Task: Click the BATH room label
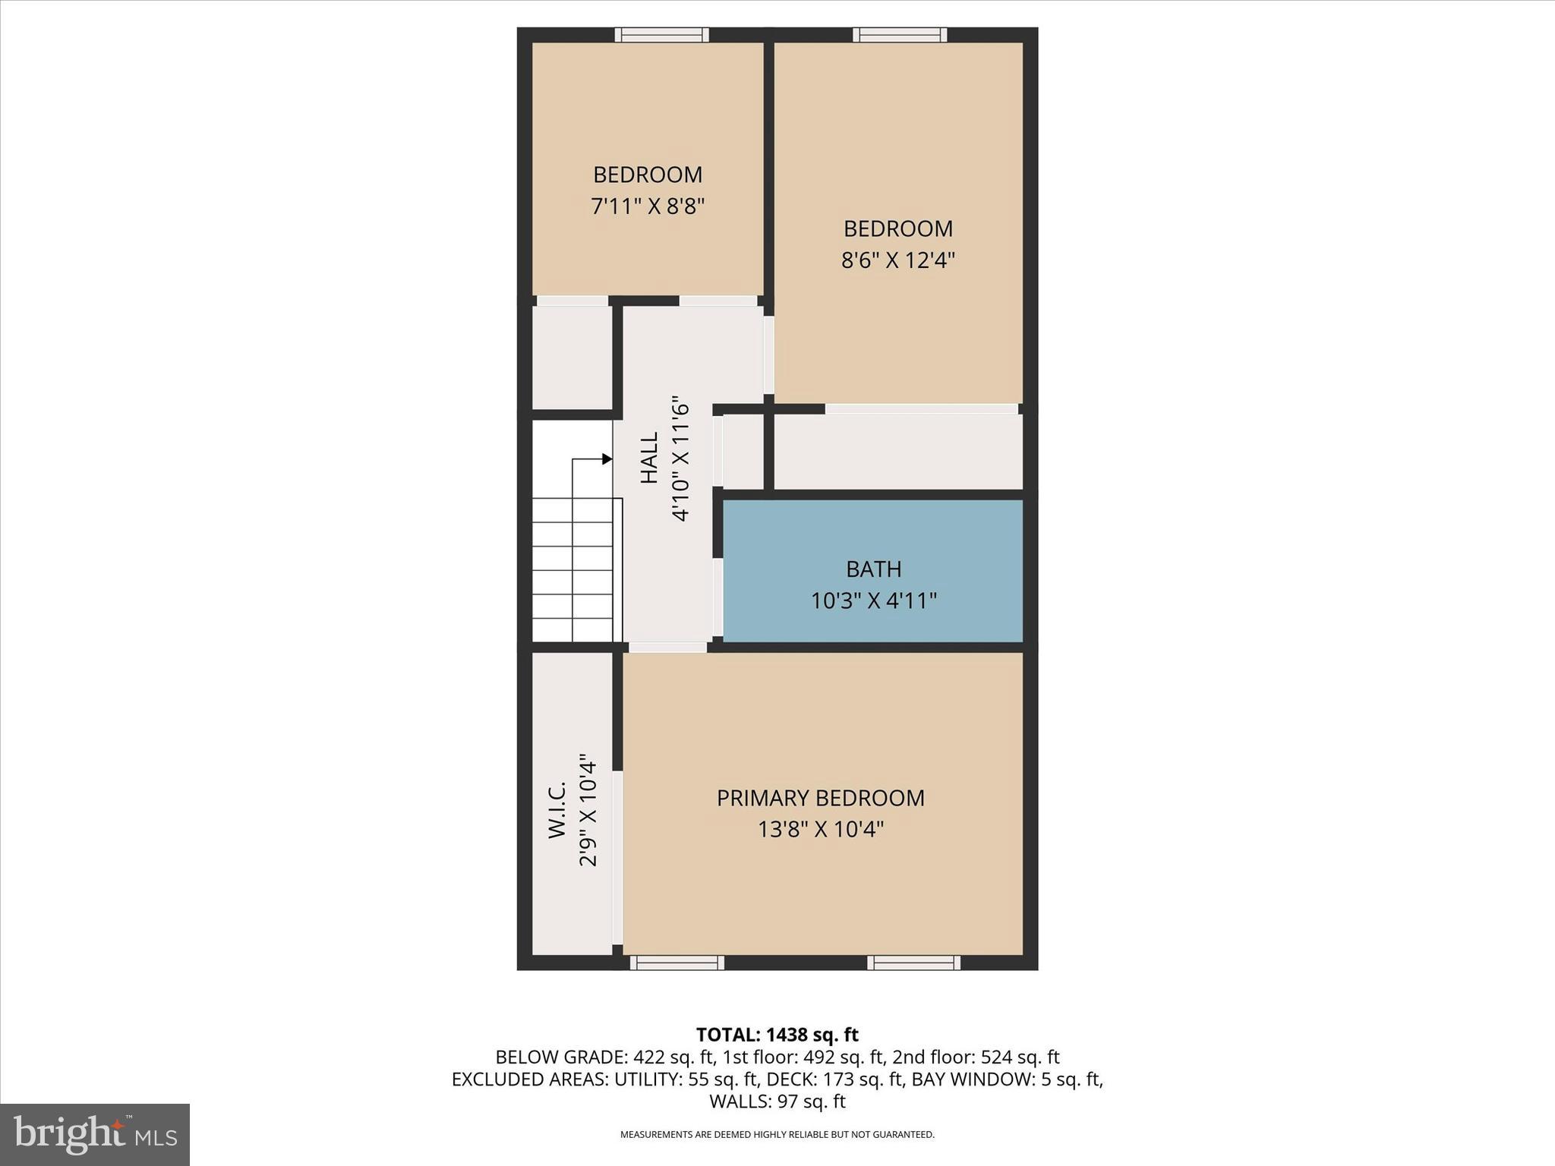873,569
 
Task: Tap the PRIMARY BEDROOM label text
820,798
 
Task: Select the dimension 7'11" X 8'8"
648,206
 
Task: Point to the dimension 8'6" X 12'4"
897,260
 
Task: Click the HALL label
649,458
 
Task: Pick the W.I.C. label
557,809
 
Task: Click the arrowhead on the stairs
607,459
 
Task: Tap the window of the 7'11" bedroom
661,34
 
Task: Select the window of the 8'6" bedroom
900,34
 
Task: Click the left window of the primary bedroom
677,963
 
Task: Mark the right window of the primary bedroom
914,963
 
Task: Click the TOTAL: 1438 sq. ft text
777,1035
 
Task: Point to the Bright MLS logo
95,1134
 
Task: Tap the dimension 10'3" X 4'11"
873,601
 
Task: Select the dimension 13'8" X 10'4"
820,829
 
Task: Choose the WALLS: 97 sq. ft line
777,1101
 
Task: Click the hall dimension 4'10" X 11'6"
680,458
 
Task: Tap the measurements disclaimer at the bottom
777,1135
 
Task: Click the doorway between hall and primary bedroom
668,648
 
